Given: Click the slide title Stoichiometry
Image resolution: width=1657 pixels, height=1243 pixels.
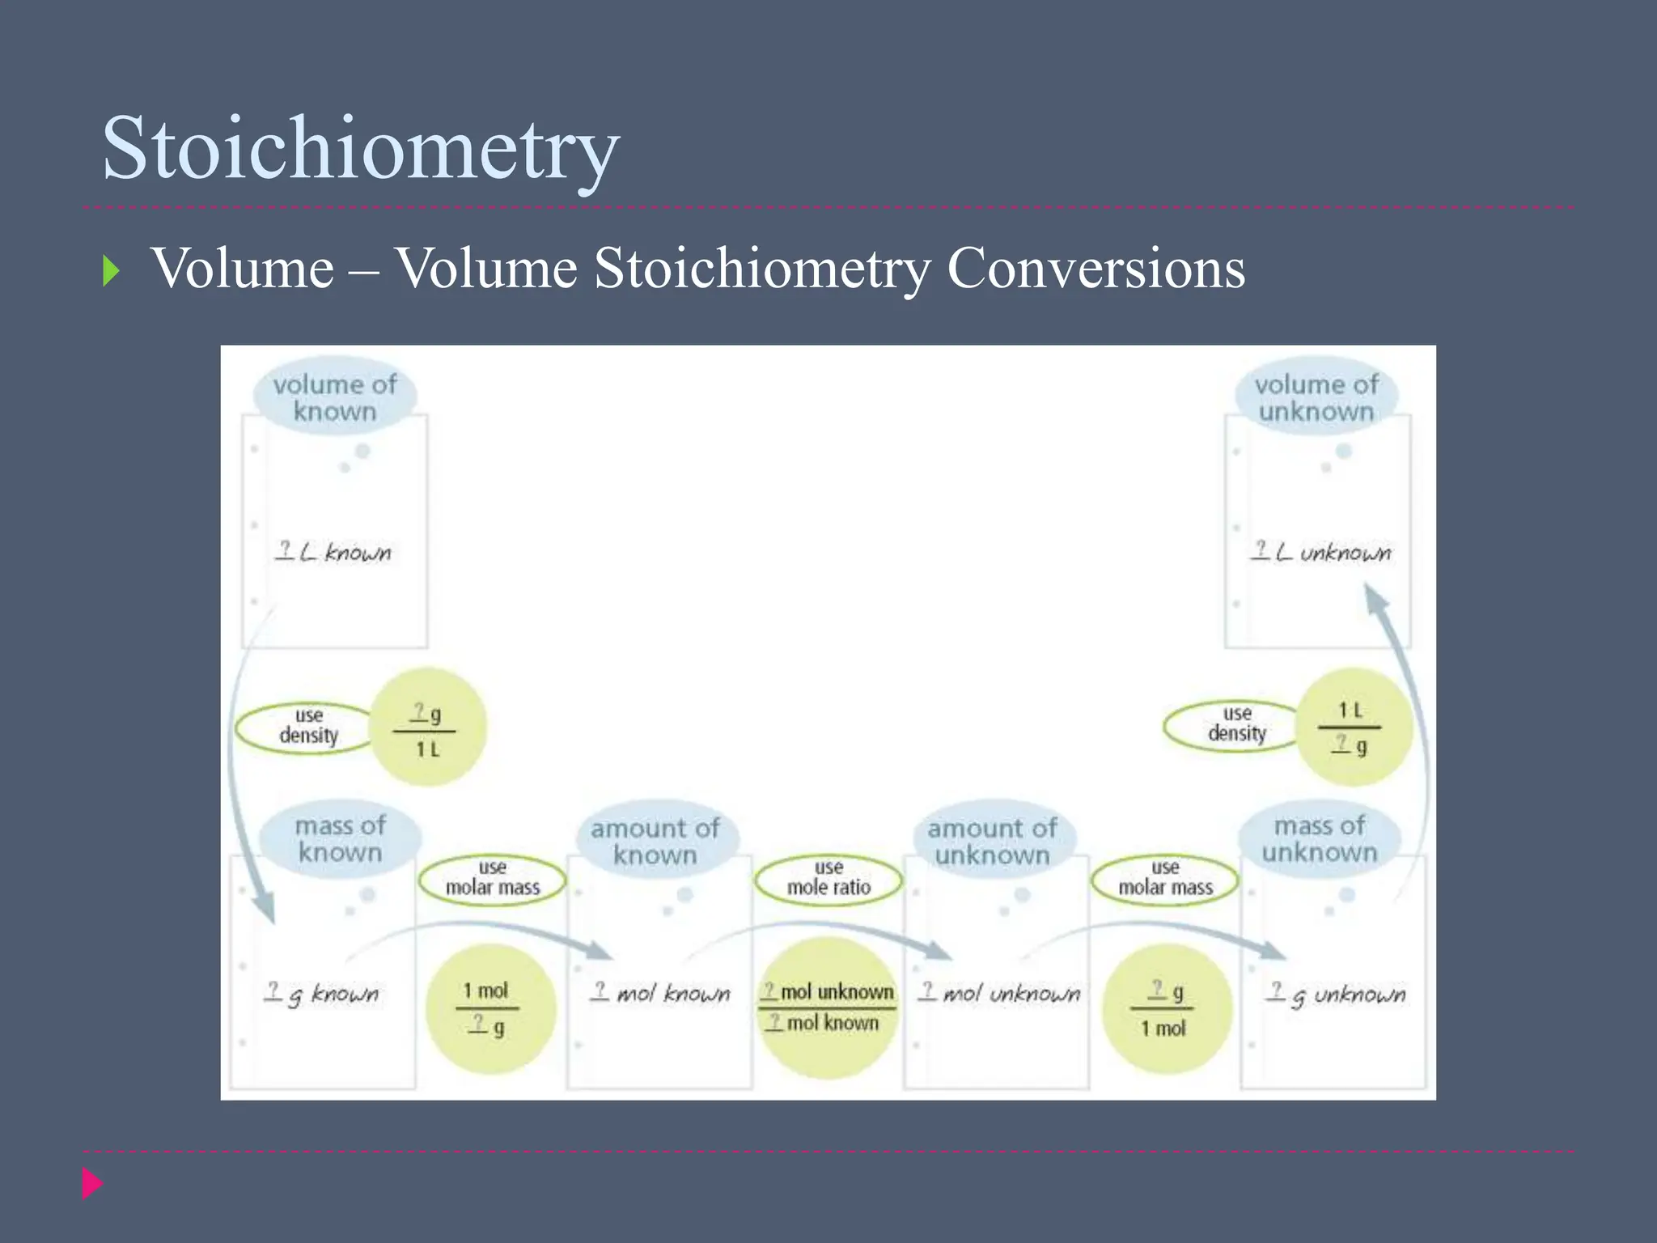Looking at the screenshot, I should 361,149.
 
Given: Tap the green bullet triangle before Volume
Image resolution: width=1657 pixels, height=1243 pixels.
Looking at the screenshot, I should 111,271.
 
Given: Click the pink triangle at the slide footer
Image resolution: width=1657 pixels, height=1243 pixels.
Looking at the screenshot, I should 91,1183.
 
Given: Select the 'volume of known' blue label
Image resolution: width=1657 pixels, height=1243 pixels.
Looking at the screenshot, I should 335,397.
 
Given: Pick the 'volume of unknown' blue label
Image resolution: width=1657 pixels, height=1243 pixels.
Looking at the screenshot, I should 1316,397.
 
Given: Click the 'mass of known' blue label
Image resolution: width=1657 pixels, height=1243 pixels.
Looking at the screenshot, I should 340,839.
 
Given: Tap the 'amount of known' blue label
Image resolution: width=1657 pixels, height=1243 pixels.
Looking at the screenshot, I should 655,842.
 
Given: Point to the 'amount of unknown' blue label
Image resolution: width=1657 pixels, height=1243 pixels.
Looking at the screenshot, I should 992,842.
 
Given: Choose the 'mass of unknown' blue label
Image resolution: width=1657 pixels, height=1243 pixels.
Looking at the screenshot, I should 1320,839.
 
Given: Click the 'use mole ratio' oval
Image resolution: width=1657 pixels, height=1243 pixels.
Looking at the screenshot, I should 828,878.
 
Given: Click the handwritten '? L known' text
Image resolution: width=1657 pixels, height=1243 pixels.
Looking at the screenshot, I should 333,553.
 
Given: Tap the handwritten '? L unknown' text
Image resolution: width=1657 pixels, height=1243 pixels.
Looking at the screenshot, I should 1320,553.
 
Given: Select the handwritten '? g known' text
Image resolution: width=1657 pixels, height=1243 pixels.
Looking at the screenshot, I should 322,994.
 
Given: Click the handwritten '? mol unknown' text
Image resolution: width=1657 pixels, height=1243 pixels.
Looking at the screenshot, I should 999,993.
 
